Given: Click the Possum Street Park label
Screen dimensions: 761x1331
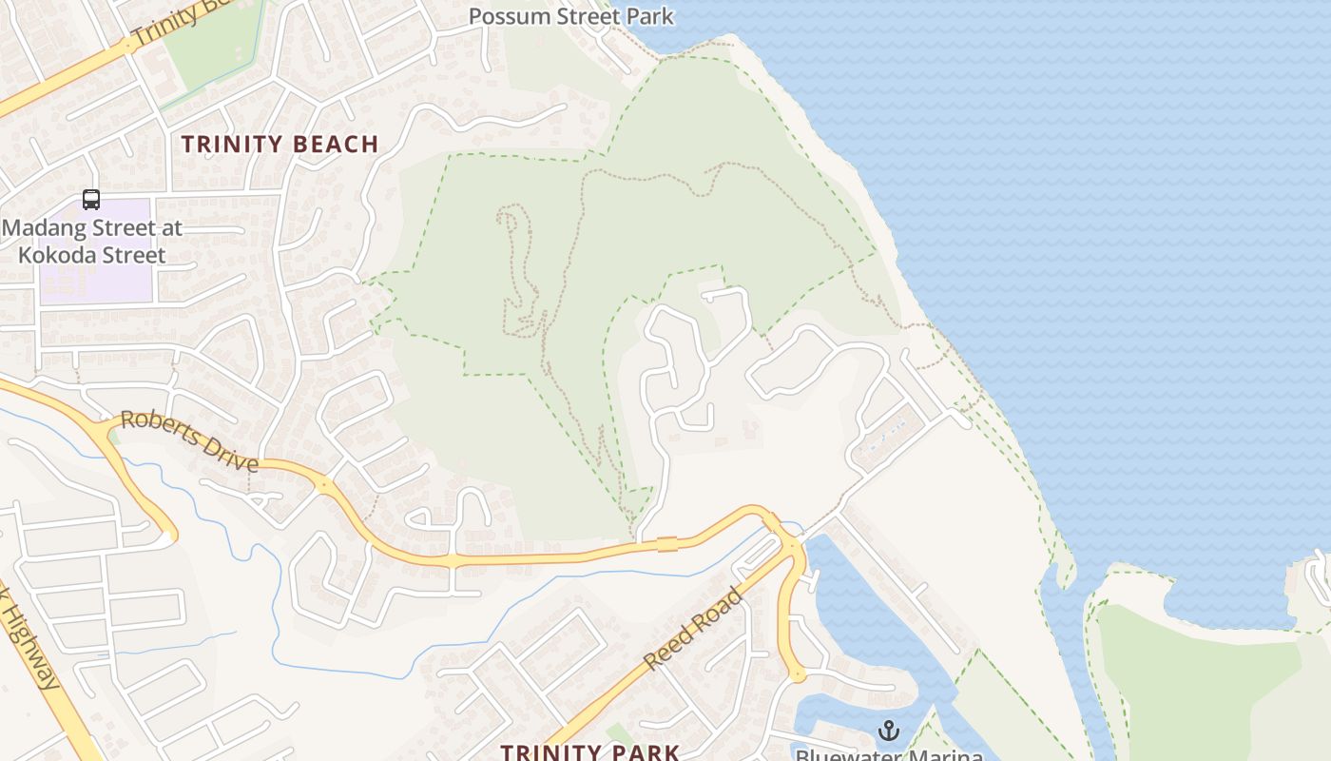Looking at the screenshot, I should click(570, 16).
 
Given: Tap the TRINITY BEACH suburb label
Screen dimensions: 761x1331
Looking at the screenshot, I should click(280, 145).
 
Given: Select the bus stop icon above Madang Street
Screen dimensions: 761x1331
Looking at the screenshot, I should click(91, 200).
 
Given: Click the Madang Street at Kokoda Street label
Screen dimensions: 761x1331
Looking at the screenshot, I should click(91, 242).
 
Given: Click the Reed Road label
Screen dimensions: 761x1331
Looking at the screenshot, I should click(691, 629).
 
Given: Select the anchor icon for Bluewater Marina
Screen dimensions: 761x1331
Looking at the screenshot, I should click(889, 731).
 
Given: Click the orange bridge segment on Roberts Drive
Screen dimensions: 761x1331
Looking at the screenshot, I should click(667, 544).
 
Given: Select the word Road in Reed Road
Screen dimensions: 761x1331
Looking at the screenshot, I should click(720, 606).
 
